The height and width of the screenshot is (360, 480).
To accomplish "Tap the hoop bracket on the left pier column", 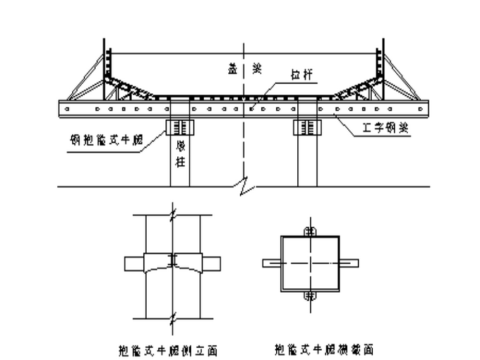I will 180,126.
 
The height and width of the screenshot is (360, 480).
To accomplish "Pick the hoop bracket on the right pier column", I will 307,126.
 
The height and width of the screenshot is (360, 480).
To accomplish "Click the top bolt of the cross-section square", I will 309,231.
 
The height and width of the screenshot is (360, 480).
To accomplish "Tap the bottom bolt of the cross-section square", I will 309,296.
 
